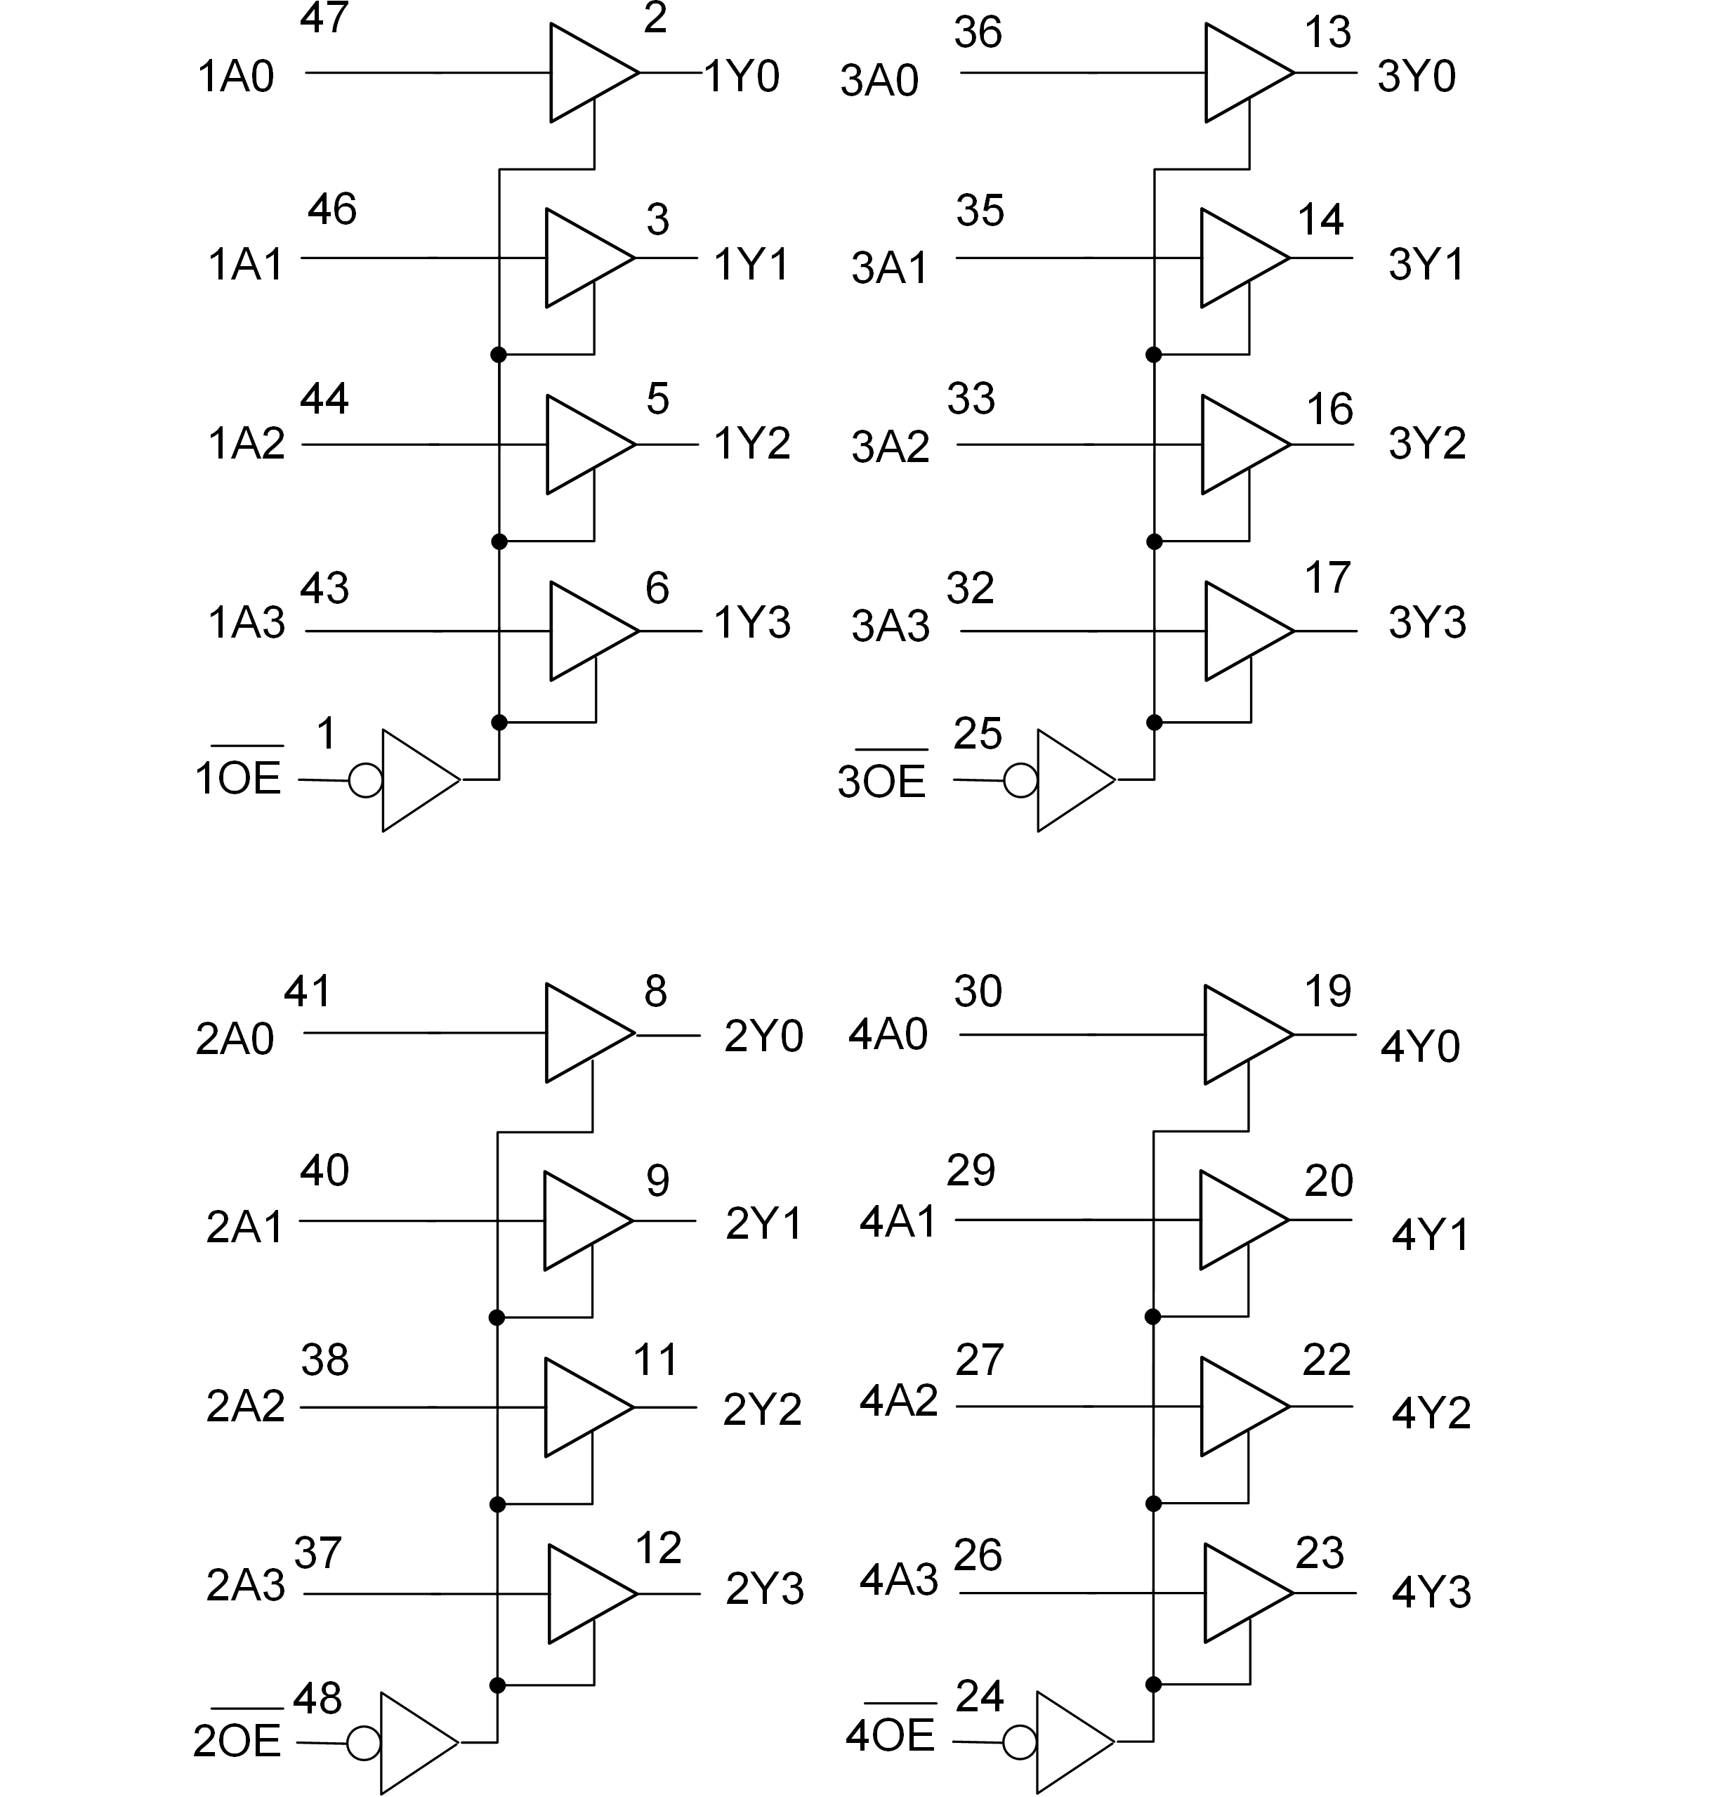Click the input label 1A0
[x=236, y=77]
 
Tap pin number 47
[x=324, y=18]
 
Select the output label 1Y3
[x=751, y=624]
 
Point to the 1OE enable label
[x=237, y=779]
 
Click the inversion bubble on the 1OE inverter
[x=366, y=781]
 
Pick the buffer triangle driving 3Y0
[x=1243, y=73]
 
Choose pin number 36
[x=978, y=33]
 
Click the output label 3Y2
[x=1426, y=445]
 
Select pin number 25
[x=978, y=734]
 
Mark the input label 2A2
[x=245, y=1407]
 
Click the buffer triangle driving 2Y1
[x=582, y=1221]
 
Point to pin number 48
[x=317, y=1698]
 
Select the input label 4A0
[x=888, y=1034]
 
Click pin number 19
[x=1327, y=992]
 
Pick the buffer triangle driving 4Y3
[x=1243, y=1593]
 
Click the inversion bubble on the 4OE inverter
[x=1019, y=1742]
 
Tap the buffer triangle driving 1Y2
[x=585, y=445]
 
